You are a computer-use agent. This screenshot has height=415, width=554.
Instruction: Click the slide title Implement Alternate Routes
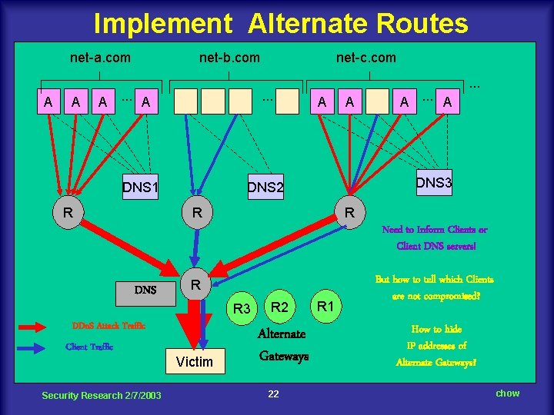280,24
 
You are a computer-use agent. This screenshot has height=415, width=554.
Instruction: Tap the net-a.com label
100,58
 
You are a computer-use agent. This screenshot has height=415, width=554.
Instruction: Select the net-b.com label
229,58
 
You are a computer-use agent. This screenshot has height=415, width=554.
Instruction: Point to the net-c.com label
366,58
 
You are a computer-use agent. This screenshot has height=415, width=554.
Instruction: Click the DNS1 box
140,187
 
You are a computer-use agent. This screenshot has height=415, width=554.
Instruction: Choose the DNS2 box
265,187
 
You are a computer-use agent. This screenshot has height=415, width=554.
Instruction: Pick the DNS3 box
434,182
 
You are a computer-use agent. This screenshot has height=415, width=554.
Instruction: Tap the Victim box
194,361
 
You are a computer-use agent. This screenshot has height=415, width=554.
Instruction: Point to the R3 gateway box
242,309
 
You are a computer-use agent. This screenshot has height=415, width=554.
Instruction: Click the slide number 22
273,394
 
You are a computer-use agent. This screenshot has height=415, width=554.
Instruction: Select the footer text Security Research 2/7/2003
102,395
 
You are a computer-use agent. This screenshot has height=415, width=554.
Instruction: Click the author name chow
507,393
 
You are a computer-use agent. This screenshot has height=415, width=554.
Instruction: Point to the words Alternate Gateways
282,345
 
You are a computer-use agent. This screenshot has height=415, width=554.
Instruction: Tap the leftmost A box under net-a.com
48,101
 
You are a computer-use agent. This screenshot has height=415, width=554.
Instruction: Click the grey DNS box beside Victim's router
145,290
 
